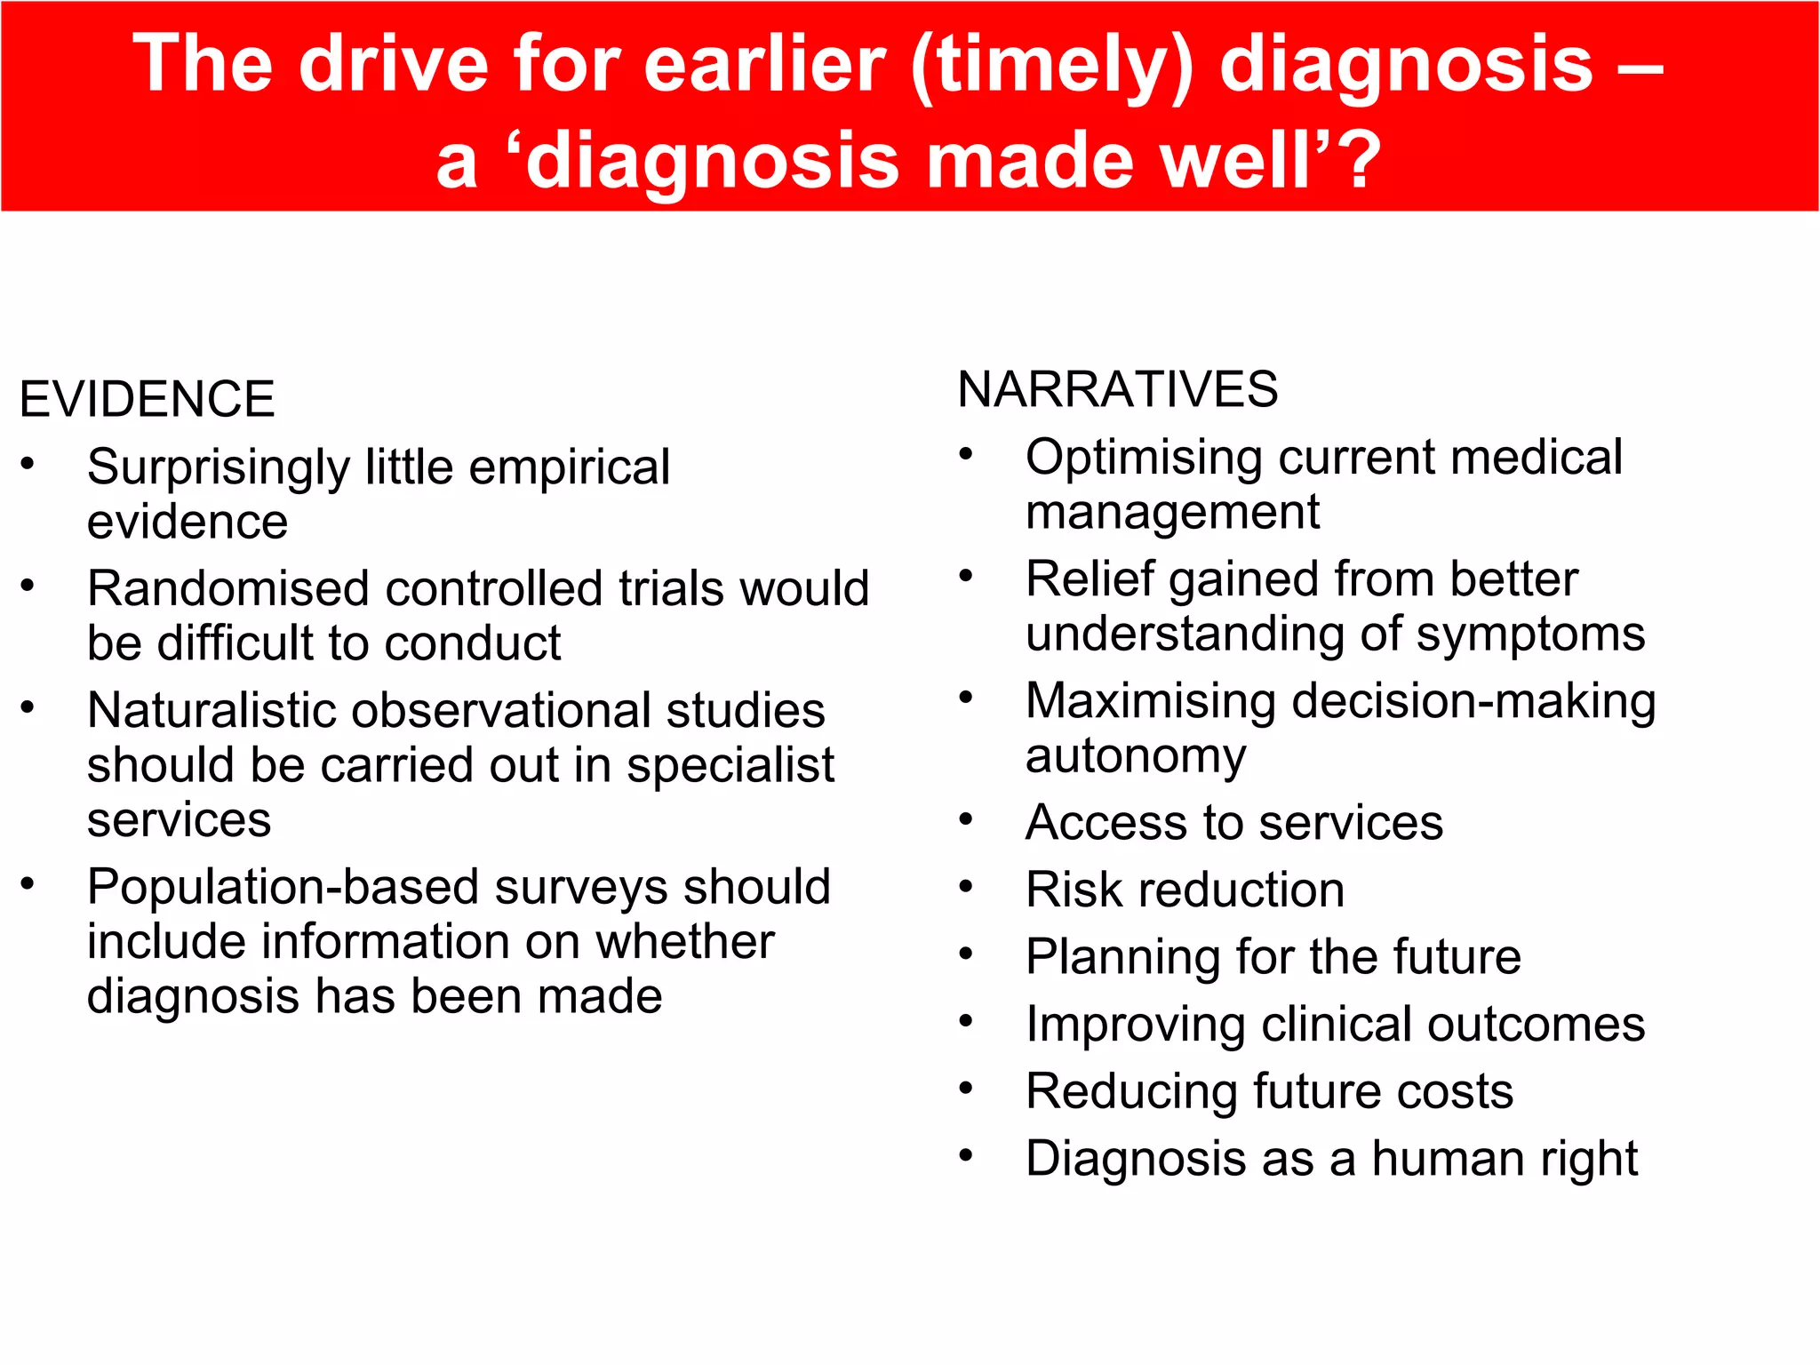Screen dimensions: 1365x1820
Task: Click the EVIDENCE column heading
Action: pos(147,399)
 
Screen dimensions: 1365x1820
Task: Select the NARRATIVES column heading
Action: pos(1117,389)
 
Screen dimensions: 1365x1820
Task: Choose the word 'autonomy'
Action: pos(1136,756)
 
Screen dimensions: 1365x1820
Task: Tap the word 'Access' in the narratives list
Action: pos(1106,822)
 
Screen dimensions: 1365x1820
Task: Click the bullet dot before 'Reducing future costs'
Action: pos(967,1088)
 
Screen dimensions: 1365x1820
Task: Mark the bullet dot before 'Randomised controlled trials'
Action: pos(28,585)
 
